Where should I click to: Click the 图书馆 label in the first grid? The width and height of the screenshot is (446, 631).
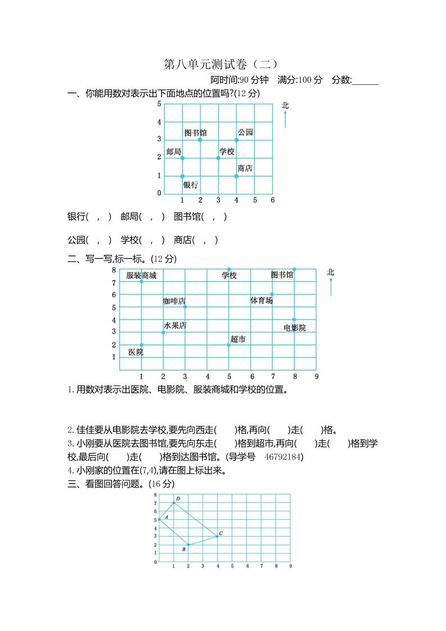pos(195,133)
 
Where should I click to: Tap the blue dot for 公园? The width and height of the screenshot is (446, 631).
pos(236,140)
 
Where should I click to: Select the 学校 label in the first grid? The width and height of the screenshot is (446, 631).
pos(227,151)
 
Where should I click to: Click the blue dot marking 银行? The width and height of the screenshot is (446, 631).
pos(182,176)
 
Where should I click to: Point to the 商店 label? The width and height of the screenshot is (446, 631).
pos(245,168)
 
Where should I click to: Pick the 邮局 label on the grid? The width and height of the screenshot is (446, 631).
pos(174,152)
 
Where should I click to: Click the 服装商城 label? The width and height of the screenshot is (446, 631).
pos(141,276)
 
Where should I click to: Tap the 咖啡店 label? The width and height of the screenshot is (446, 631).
pos(174,301)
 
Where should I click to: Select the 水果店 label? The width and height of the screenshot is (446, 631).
pos(175,326)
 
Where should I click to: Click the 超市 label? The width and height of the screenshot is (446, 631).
pos(238,339)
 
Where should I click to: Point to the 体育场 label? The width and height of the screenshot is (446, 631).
pos(262,301)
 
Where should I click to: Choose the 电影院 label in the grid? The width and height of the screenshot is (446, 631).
pos(295,328)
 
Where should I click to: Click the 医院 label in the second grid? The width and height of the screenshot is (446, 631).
pos(136,352)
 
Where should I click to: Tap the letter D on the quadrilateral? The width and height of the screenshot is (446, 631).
pos(178,498)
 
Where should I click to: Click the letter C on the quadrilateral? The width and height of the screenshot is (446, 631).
pos(221,533)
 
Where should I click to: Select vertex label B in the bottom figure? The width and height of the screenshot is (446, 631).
pos(184,549)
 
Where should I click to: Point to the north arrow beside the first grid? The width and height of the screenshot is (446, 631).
pos(285,119)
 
